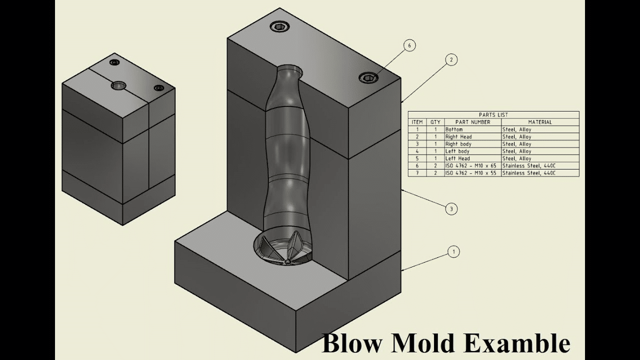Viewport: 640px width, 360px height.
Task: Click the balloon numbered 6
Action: (x=409, y=45)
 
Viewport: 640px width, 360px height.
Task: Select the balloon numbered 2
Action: (x=451, y=60)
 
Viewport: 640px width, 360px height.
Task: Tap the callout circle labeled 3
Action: (x=451, y=209)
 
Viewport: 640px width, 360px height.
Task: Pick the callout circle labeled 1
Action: (x=453, y=252)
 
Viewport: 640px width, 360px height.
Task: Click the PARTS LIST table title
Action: (x=493, y=114)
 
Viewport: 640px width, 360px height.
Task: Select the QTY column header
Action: (x=435, y=122)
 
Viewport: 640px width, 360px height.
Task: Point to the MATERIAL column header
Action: (x=540, y=122)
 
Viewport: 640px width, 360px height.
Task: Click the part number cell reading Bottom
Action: (x=454, y=129)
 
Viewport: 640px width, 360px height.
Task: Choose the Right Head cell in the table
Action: (x=458, y=136)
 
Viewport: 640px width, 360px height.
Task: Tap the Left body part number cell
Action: (x=457, y=151)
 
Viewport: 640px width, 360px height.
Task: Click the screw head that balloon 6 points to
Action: (x=368, y=77)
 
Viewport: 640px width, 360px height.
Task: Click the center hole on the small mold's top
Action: (x=119, y=85)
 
